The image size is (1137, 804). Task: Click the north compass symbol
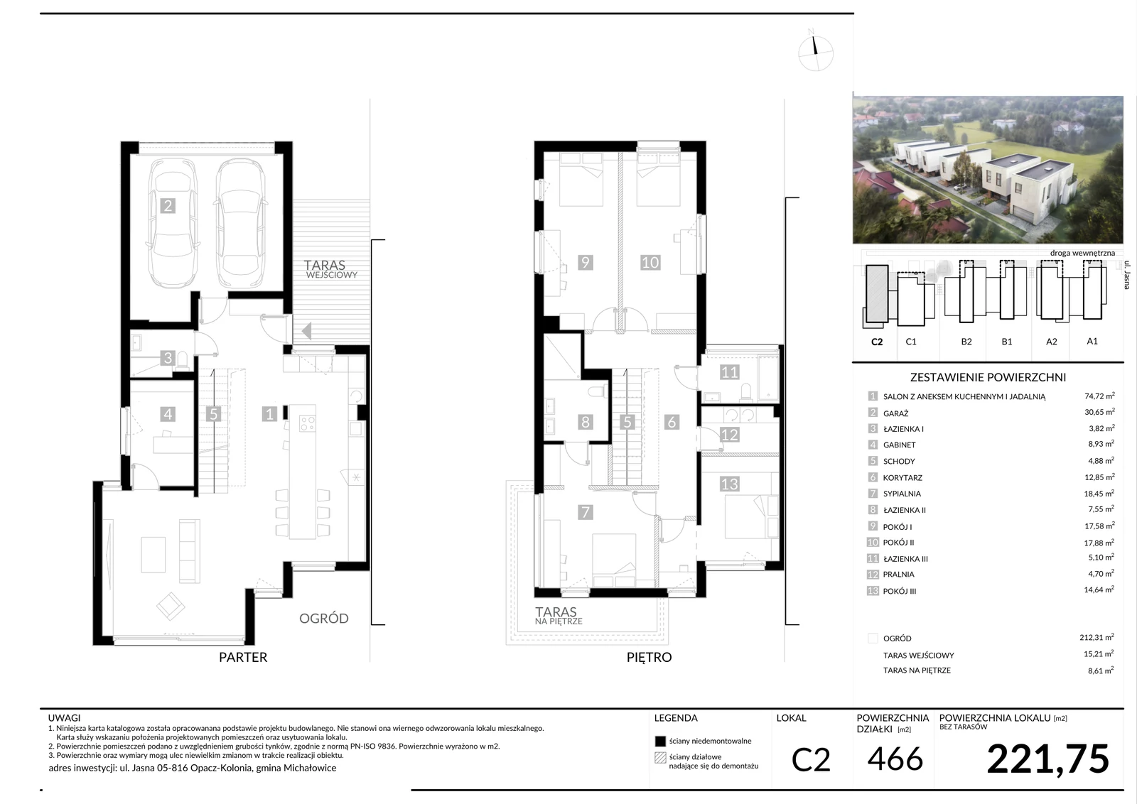click(815, 53)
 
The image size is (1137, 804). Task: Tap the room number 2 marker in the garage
click(168, 205)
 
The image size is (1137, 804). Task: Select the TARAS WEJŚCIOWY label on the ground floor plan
click(330, 269)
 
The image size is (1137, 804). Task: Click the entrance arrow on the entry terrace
click(306, 331)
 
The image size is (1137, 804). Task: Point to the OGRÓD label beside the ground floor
click(324, 619)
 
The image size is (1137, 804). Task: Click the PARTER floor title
click(242, 658)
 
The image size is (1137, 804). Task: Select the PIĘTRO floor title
click(649, 658)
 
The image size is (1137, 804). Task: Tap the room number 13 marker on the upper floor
click(729, 484)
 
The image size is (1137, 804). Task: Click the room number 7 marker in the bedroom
click(586, 512)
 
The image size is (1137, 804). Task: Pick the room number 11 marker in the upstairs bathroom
click(729, 372)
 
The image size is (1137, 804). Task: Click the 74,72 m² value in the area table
click(1099, 396)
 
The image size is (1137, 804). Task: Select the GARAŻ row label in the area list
click(895, 413)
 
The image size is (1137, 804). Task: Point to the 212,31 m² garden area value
click(1096, 638)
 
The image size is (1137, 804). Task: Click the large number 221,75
click(1047, 759)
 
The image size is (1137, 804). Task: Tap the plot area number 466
click(895, 759)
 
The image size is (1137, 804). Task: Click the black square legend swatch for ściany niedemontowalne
click(660, 741)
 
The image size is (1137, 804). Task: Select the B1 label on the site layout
click(1006, 342)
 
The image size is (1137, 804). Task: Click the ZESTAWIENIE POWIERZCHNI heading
click(988, 377)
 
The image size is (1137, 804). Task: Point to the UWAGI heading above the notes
click(65, 718)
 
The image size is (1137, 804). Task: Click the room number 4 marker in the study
click(168, 414)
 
